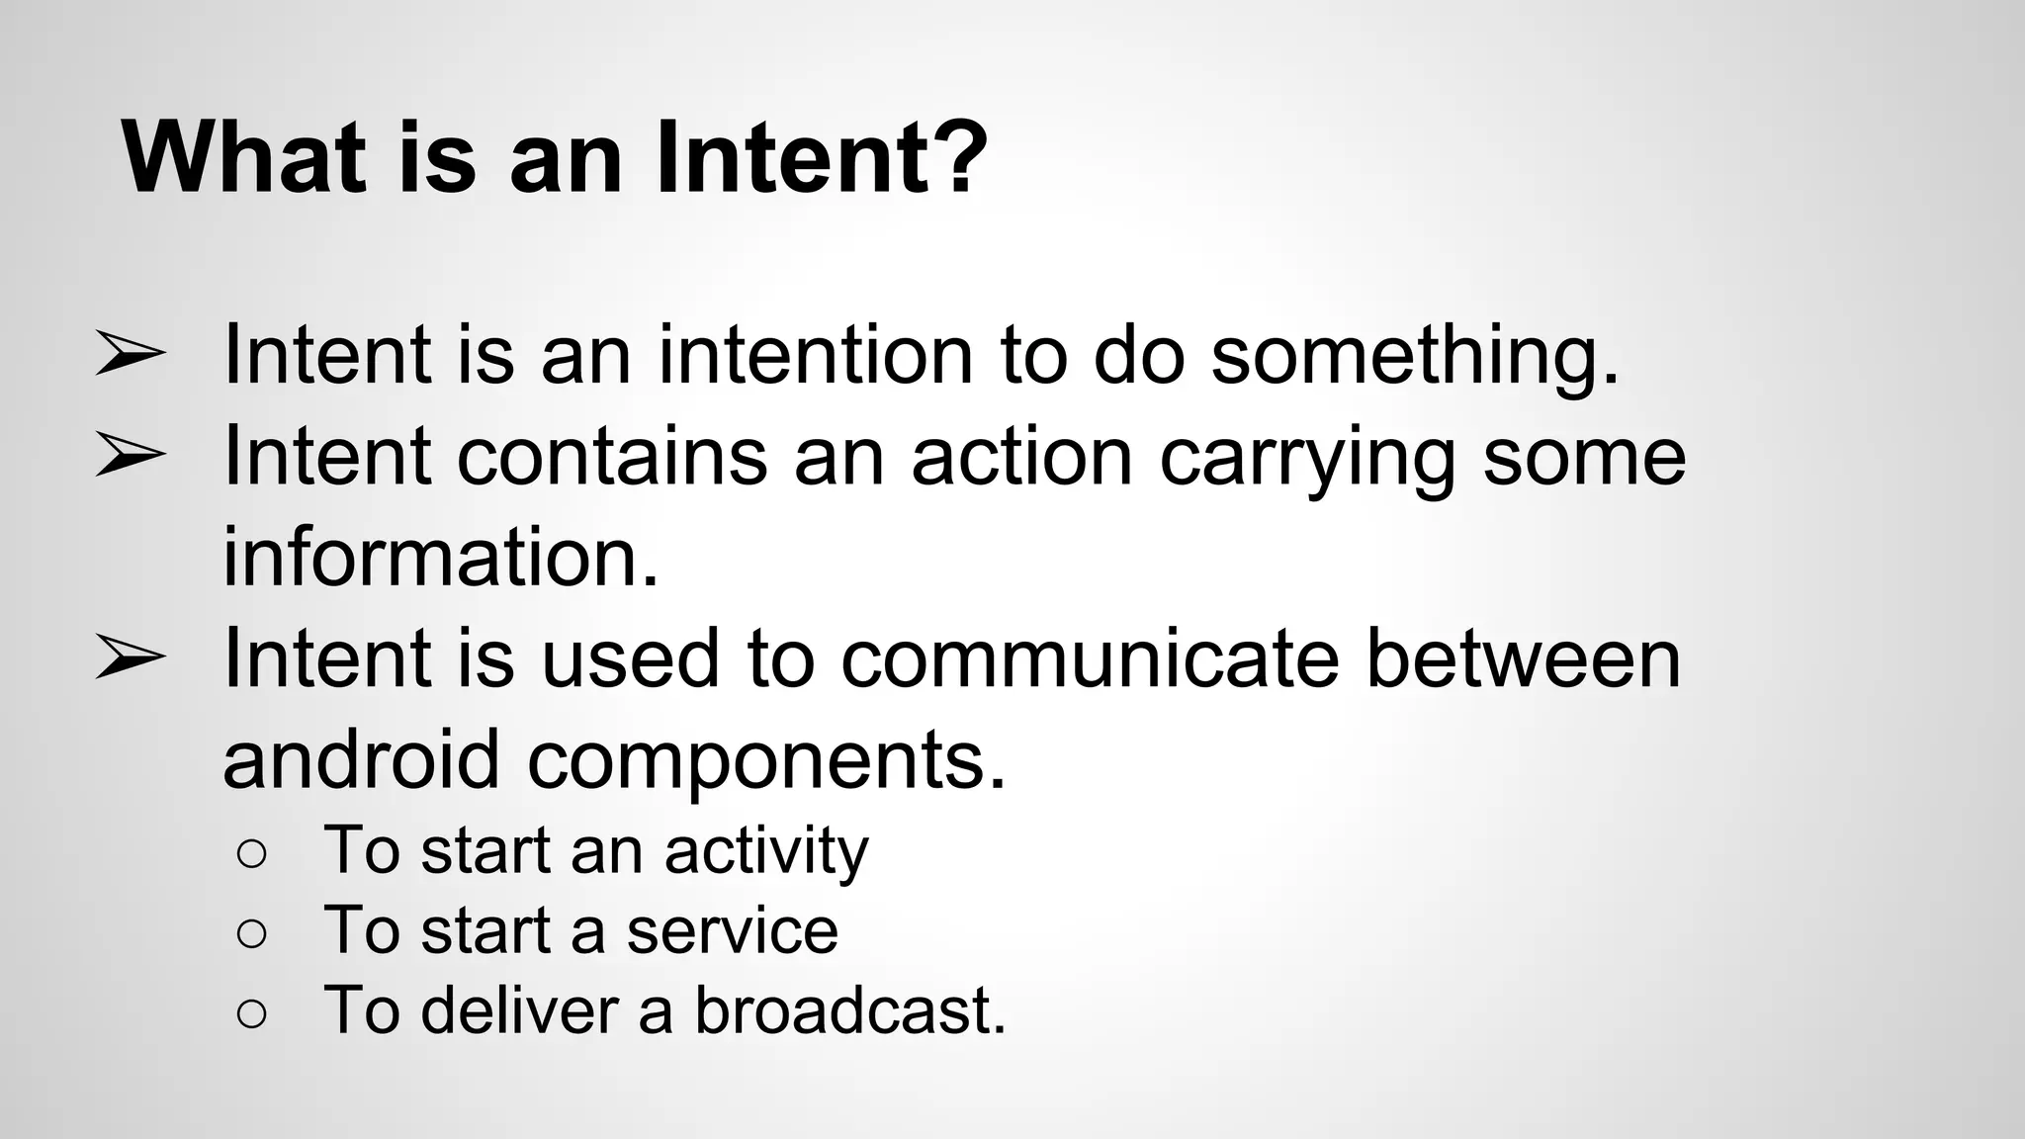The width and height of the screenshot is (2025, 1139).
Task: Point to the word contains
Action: pos(612,457)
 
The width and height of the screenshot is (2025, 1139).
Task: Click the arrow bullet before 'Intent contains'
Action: pos(130,457)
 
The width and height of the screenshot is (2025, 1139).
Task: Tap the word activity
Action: pos(765,851)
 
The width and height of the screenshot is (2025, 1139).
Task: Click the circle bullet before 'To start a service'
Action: pos(252,933)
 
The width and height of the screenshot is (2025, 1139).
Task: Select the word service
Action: pos(732,931)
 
